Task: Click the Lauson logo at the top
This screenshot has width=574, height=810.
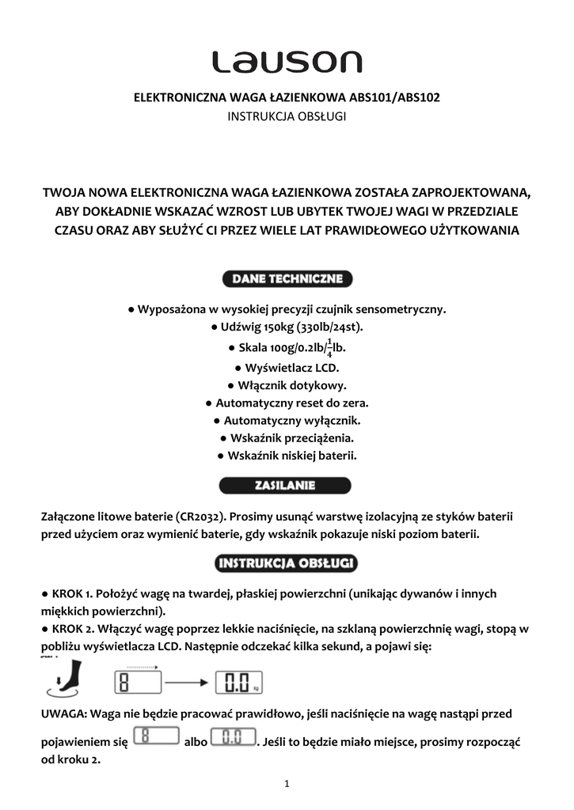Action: [x=286, y=62]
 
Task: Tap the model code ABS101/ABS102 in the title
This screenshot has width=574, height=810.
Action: [x=393, y=98]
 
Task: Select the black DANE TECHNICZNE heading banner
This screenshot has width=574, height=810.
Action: [x=287, y=279]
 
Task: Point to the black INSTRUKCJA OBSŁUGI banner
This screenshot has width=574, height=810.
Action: [x=287, y=564]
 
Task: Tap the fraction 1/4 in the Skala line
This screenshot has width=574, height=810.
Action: [x=329, y=347]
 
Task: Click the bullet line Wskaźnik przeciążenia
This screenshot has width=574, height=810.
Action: [x=287, y=437]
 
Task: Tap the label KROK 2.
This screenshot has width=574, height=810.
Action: [x=73, y=629]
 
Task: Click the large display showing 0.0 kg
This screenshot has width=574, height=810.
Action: [x=238, y=681]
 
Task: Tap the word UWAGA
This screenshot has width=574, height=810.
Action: [x=63, y=713]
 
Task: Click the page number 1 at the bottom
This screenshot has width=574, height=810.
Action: [x=287, y=784]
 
